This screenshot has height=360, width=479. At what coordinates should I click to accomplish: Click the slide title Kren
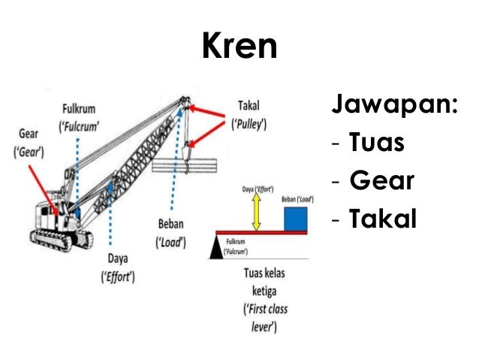[239, 46]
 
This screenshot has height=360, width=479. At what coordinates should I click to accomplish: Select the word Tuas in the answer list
[376, 142]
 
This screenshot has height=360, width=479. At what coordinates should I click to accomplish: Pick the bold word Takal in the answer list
[384, 219]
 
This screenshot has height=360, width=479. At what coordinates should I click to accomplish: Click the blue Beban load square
[297, 218]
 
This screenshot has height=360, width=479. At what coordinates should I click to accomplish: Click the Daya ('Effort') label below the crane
[118, 268]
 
